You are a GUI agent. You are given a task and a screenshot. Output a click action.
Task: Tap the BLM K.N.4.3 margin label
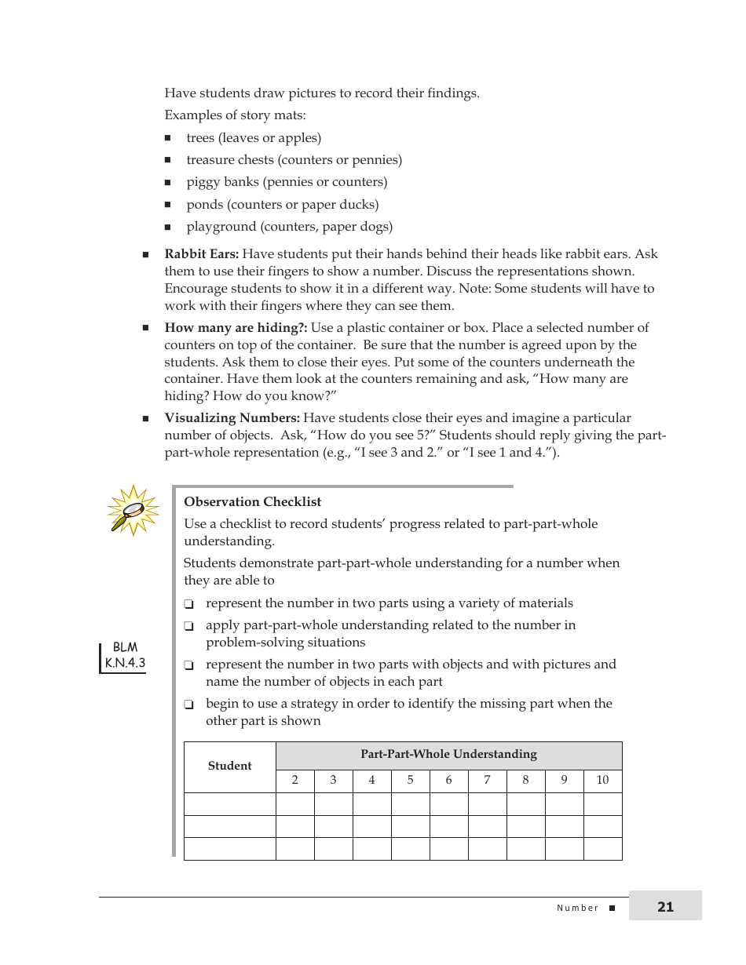tap(125, 656)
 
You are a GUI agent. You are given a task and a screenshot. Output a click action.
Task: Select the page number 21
tap(665, 907)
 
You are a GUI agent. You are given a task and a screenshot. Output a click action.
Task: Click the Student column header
tap(229, 767)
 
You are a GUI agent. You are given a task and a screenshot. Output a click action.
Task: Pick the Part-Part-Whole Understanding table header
tap(448, 755)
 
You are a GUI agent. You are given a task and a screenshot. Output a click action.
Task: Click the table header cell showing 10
tap(602, 781)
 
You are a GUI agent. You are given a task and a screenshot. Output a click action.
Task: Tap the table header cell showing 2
tap(294, 781)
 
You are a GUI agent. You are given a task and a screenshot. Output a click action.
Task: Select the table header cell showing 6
tap(448, 781)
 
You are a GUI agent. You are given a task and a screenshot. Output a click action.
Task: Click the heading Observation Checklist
tap(252, 502)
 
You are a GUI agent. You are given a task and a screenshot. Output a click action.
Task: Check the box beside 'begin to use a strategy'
tap(189, 705)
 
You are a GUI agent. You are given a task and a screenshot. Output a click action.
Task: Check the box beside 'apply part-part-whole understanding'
tap(189, 627)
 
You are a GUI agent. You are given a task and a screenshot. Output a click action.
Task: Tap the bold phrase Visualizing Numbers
tap(232, 418)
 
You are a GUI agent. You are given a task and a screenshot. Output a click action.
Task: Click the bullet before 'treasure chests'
tap(168, 160)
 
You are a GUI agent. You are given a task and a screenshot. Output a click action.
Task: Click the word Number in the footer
tap(577, 908)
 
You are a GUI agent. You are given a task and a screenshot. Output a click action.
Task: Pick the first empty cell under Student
tap(229, 804)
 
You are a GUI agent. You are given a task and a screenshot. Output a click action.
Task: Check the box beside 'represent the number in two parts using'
tap(189, 605)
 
